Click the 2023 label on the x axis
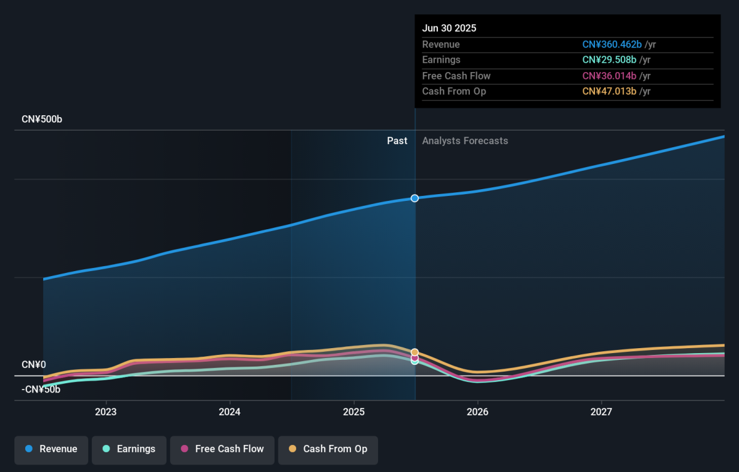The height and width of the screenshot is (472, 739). (106, 412)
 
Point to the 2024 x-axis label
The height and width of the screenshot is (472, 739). (230, 412)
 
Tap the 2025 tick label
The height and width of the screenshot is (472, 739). (353, 412)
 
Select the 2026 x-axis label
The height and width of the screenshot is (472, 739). (477, 412)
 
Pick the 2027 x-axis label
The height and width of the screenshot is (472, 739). (601, 412)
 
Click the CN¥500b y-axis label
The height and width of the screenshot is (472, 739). (42, 119)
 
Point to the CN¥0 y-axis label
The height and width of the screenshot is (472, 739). (34, 365)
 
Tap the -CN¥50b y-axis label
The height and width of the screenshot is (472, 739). (41, 389)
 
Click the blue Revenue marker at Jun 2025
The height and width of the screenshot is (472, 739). (414, 198)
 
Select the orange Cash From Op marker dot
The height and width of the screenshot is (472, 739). (414, 352)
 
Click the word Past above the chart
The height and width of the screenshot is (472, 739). (397, 141)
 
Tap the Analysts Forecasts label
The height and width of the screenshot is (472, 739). (465, 141)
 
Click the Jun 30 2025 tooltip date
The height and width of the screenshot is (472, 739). (450, 28)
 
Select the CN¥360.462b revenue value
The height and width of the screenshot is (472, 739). (612, 44)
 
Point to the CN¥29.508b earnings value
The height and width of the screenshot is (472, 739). (609, 60)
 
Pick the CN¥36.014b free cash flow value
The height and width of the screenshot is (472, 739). (609, 76)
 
